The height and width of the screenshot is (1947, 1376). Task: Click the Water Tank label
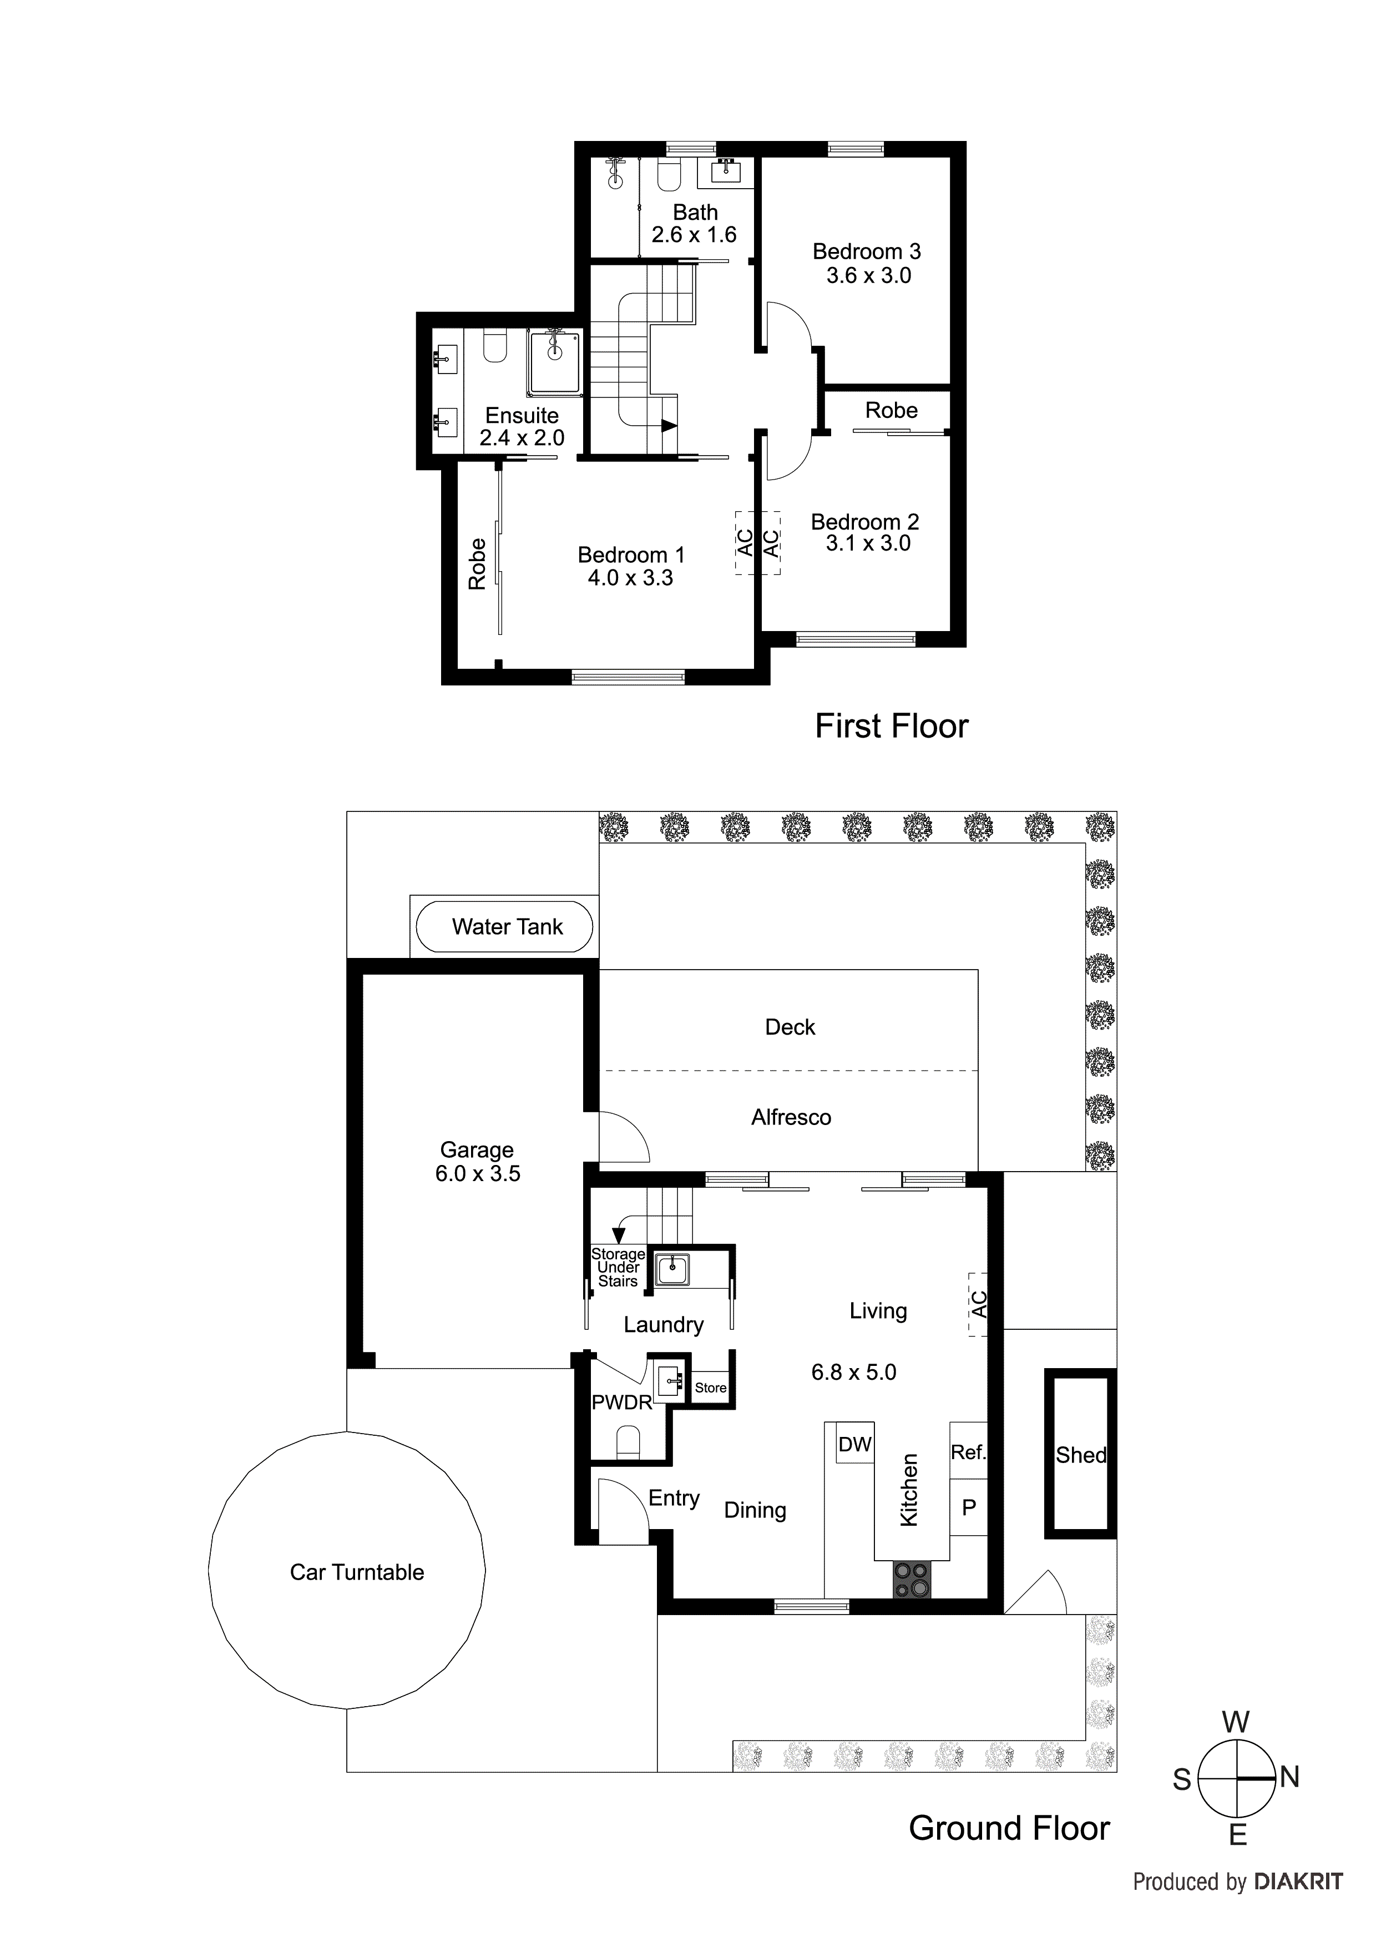[x=507, y=927]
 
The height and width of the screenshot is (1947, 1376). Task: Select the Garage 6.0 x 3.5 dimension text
[x=477, y=1174]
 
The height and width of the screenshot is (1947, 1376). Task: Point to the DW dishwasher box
[x=854, y=1445]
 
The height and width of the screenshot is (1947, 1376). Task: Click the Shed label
[x=1081, y=1455]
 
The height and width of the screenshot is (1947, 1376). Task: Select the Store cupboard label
[x=710, y=1388]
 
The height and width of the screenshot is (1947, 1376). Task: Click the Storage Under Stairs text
[x=618, y=1268]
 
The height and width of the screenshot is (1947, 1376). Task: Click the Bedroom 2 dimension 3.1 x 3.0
[x=868, y=543]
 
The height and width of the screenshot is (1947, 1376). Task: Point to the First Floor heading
[x=891, y=726]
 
